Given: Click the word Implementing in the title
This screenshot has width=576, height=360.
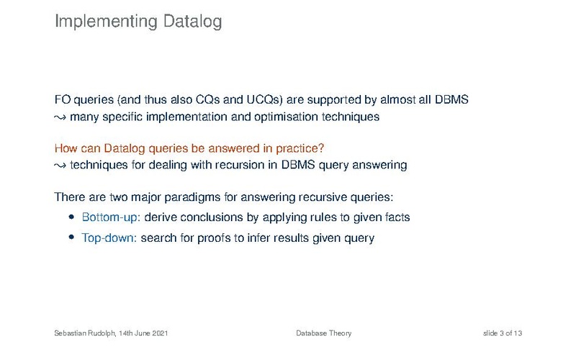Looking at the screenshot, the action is (x=106, y=22).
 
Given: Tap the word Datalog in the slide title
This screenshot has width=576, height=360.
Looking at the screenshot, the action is (x=192, y=22).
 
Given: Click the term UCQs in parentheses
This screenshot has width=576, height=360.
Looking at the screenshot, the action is (x=264, y=99).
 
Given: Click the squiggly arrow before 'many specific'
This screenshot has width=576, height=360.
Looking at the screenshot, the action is (x=60, y=118).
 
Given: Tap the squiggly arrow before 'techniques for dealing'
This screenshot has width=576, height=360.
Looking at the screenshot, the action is (x=60, y=166).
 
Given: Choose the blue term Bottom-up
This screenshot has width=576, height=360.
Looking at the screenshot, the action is (x=109, y=217).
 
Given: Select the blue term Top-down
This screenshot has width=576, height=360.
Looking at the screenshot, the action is (x=107, y=238).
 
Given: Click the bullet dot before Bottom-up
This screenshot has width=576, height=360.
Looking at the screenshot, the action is (x=71, y=217).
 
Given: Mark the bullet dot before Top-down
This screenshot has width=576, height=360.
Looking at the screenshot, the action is (x=71, y=237).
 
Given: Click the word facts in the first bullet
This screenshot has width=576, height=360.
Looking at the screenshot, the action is (x=397, y=217).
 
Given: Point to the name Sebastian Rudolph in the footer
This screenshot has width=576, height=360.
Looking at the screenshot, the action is (x=85, y=333).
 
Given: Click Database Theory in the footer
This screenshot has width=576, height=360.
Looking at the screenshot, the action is (x=323, y=333).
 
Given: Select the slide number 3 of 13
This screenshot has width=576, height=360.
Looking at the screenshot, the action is (x=510, y=333).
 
